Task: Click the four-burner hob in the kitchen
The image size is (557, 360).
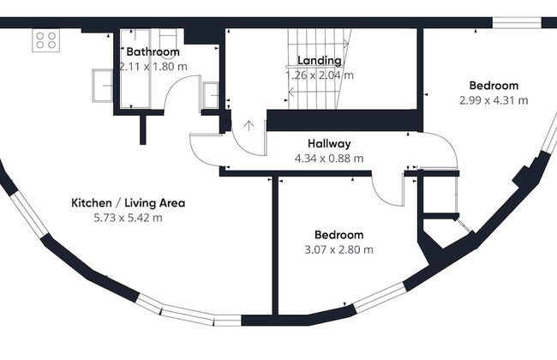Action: [45, 39]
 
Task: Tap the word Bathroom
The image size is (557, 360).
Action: [153, 52]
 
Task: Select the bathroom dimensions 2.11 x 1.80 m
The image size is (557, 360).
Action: [153, 66]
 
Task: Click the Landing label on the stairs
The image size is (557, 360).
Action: [320, 61]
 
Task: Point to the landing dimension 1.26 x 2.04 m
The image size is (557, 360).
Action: [320, 75]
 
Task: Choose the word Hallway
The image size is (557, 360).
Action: [328, 144]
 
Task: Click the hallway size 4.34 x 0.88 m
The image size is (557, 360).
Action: [328, 158]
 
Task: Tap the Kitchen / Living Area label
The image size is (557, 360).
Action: [128, 203]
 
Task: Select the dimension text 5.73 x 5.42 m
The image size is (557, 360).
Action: [128, 218]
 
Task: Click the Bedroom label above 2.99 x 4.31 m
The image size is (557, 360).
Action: [494, 86]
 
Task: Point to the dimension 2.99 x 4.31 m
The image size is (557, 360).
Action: [494, 100]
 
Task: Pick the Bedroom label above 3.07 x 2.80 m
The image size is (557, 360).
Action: [338, 235]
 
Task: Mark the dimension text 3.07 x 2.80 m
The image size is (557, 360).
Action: [338, 249]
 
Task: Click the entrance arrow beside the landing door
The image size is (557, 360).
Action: [249, 127]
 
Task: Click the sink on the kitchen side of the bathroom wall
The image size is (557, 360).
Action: [103, 85]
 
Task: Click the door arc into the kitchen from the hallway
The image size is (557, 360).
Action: [206, 154]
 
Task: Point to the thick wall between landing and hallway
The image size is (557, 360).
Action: [343, 121]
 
